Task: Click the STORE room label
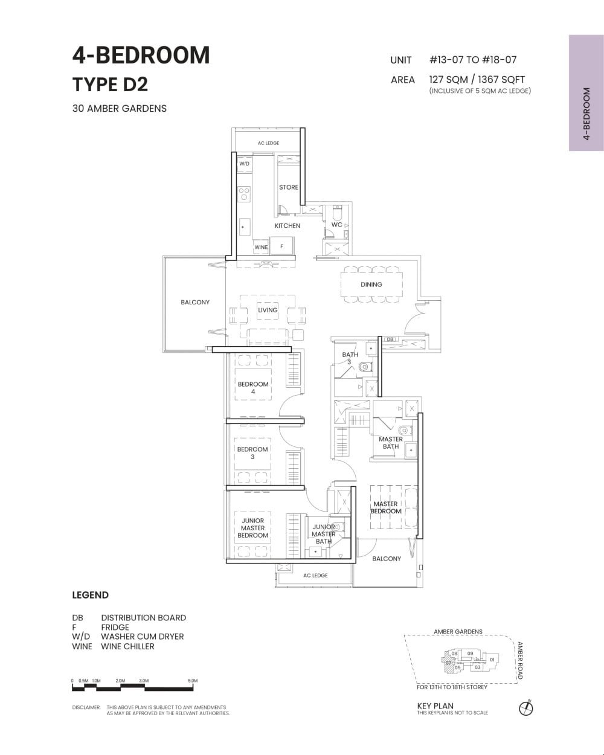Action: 288,187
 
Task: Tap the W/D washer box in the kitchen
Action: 244,164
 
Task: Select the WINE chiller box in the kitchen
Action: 261,247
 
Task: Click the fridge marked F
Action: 281,246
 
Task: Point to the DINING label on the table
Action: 371,284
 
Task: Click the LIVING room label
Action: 268,310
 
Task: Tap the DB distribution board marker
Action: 390,340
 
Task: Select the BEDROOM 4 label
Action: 252,388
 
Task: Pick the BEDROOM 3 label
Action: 252,453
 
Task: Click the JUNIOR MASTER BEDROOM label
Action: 252,528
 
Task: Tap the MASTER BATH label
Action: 390,443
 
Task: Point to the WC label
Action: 336,225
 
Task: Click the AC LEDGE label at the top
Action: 268,143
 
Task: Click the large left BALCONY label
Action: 194,302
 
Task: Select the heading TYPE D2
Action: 110,85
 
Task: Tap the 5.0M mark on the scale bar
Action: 193,681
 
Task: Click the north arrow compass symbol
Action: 525,708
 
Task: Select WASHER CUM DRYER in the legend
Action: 142,637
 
